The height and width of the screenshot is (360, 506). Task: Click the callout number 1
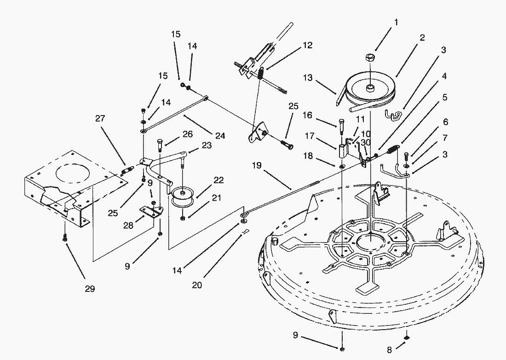pyautogui.click(x=396, y=22)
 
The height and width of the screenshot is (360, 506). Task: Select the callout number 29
pyautogui.click(x=90, y=288)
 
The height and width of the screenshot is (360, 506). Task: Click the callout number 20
pyautogui.click(x=197, y=285)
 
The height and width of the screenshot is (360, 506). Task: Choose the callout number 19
pyautogui.click(x=257, y=166)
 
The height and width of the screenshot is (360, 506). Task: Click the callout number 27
pyautogui.click(x=100, y=118)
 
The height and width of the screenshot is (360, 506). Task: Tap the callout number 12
pyautogui.click(x=308, y=45)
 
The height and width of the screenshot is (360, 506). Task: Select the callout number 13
pyautogui.click(x=308, y=78)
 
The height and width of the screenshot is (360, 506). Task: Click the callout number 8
pyautogui.click(x=389, y=350)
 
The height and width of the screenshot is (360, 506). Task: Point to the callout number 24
pyautogui.click(x=220, y=135)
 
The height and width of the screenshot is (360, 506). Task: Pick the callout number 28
pyautogui.click(x=128, y=226)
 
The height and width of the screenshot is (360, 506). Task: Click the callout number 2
pyautogui.click(x=422, y=37)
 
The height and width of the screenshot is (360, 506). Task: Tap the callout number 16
pyautogui.click(x=308, y=115)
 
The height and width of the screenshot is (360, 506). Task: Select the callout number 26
pyautogui.click(x=188, y=134)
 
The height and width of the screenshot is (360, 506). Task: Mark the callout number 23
pyautogui.click(x=207, y=145)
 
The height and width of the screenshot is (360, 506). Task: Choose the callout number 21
pyautogui.click(x=217, y=197)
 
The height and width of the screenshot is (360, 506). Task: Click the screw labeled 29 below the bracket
pyautogui.click(x=65, y=238)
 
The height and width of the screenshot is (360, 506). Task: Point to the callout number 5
pyautogui.click(x=445, y=97)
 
